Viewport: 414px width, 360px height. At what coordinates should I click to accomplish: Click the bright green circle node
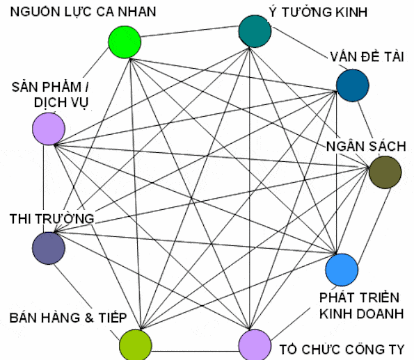[x=125, y=42]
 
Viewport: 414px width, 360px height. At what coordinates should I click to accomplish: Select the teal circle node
[x=255, y=31]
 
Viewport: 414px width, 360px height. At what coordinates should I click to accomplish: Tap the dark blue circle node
[x=353, y=85]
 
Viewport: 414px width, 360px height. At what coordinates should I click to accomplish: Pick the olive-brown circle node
[x=385, y=172]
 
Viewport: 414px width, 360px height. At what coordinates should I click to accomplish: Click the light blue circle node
[x=342, y=270]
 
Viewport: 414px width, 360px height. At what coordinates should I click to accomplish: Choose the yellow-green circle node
[x=136, y=345]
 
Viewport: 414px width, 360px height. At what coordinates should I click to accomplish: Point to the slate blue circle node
[x=49, y=248]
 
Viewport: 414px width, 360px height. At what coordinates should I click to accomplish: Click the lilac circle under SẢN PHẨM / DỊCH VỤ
[x=49, y=129]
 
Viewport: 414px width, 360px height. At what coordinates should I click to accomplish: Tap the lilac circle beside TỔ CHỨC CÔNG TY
[x=255, y=345]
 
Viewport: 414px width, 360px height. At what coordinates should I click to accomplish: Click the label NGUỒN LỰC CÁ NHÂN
[x=83, y=12]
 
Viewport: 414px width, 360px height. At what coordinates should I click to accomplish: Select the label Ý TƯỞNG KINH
[x=318, y=12]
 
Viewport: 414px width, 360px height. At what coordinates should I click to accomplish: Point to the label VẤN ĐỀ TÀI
[x=367, y=57]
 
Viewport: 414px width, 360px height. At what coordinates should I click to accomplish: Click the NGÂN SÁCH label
[x=366, y=146]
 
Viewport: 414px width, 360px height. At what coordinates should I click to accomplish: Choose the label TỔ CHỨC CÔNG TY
[x=342, y=350]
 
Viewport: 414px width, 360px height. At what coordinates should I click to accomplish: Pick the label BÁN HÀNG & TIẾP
[x=68, y=318]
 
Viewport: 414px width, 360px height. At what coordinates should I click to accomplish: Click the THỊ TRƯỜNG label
[x=51, y=219]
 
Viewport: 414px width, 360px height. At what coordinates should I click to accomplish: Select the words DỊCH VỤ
[x=61, y=102]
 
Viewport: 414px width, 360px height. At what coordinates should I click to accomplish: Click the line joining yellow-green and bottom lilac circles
[x=195, y=351]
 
